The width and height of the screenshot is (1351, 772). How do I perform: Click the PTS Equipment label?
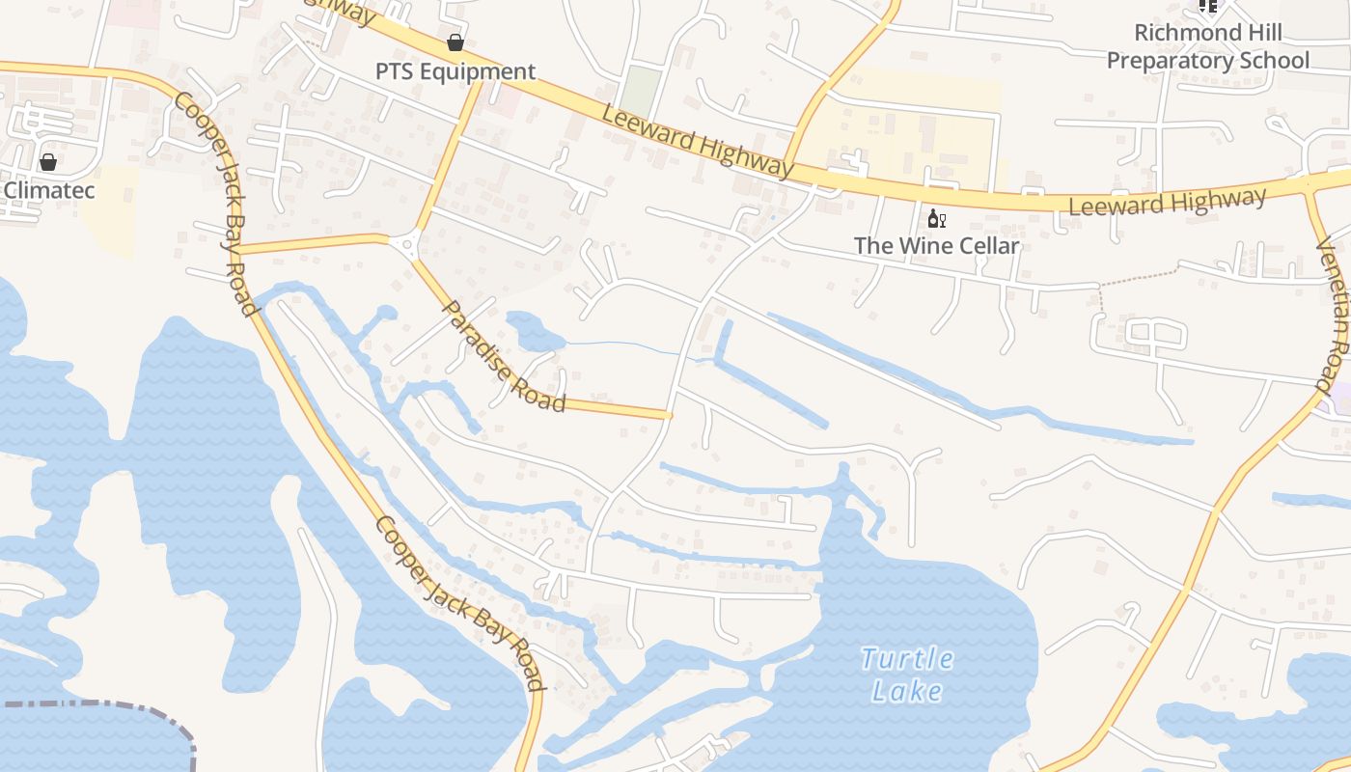455,71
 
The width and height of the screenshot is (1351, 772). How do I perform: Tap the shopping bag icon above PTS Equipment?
455,42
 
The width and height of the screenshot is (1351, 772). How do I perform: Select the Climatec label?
49,190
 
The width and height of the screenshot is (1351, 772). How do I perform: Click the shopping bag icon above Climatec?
48,161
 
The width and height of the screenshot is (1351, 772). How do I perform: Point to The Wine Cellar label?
936,246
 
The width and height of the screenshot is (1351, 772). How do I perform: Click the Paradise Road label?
503,355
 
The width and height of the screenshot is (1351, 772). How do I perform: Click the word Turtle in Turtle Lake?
907,660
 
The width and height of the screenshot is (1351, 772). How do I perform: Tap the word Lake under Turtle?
907,691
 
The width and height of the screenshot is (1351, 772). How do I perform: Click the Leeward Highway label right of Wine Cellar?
1168,202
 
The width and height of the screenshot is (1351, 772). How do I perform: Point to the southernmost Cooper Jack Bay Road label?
460,603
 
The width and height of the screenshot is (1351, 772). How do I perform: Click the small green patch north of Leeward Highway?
641,90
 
